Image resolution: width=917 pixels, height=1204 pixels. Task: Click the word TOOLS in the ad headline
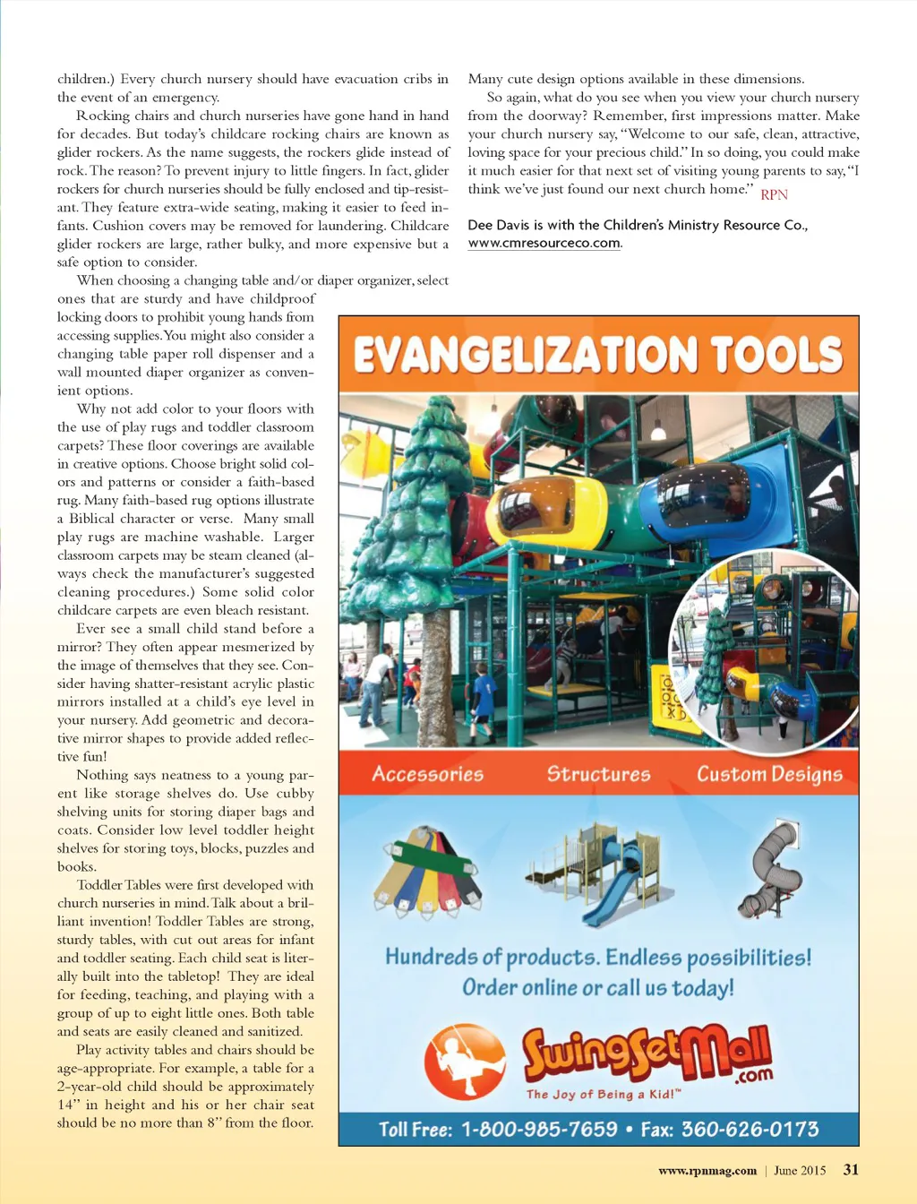click(x=776, y=355)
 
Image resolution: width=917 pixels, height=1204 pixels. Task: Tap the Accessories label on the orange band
click(x=428, y=774)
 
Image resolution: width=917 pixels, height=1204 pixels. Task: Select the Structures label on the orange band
click(x=598, y=774)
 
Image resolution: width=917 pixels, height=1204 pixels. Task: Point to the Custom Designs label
click(x=769, y=775)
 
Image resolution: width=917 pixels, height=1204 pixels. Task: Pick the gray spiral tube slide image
click(x=768, y=869)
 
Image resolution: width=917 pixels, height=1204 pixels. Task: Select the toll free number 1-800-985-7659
click(x=539, y=1129)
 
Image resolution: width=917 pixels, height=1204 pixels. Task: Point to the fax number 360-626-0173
click(x=750, y=1129)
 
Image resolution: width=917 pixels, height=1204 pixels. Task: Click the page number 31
click(x=851, y=1169)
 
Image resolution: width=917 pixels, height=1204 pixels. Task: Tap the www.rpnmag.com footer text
click(x=707, y=1170)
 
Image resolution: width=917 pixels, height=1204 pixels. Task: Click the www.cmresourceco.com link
click(x=544, y=243)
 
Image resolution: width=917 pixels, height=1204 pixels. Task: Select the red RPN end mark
click(x=774, y=194)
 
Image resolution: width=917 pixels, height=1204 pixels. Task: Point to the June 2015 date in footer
click(x=800, y=1170)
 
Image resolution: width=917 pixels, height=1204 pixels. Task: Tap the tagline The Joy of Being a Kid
click(x=603, y=1094)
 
